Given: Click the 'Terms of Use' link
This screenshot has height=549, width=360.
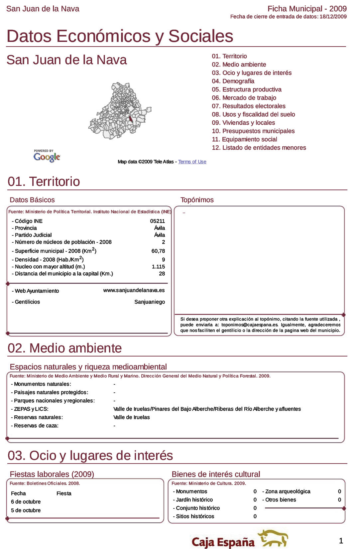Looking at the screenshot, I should [192, 162].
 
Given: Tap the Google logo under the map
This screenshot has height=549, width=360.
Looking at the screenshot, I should [47, 156].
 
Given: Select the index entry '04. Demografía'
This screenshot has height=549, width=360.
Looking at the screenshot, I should [233, 81].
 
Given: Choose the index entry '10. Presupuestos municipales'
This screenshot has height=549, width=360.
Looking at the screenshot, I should [253, 131].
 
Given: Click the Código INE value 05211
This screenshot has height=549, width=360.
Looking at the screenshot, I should [157, 221].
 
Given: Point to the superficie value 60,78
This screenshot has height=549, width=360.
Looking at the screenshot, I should [158, 251].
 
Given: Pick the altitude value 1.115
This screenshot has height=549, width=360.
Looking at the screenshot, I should [158, 267].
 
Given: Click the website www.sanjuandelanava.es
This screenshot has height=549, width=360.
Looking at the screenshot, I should [134, 290].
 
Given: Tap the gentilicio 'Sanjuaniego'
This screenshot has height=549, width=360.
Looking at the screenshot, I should [150, 302].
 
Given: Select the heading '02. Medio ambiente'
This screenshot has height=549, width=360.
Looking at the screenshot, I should [65, 348].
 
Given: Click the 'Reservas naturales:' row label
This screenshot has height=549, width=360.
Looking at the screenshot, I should [37, 417].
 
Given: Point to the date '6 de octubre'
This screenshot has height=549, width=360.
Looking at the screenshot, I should [26, 502].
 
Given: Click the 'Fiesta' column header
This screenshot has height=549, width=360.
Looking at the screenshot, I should [64, 493].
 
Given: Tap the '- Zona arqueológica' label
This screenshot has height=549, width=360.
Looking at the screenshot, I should [286, 491].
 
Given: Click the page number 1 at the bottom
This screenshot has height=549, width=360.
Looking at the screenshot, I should [341, 541].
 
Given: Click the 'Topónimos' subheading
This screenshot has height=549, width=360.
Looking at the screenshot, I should [197, 200].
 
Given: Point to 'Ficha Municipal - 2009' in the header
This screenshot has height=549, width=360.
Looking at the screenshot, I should [307, 9].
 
